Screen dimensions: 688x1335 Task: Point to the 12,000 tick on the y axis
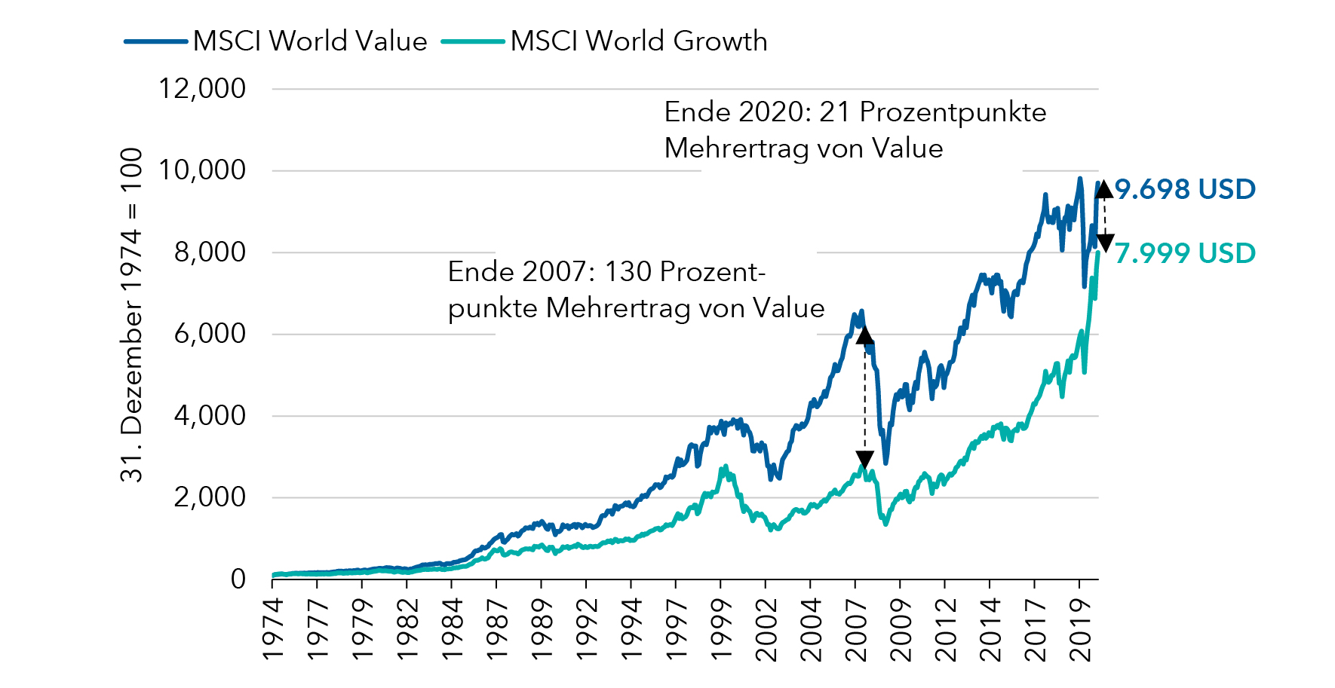tap(202, 89)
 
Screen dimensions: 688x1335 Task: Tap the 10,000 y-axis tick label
tap(202, 170)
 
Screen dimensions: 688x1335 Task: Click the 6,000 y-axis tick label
tap(210, 334)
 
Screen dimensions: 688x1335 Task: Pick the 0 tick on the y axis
tap(238, 579)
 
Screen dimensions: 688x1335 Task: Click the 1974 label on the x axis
tap(273, 629)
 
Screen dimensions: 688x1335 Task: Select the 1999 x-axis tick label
tap(721, 629)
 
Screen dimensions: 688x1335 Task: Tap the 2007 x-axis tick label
tap(856, 629)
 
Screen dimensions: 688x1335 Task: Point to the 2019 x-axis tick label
tap(1081, 629)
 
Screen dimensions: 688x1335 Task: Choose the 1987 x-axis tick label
tap(497, 629)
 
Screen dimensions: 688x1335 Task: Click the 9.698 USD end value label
tap(1185, 189)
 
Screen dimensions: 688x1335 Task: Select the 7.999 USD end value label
tap(1185, 253)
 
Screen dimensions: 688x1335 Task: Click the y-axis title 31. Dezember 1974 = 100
tap(131, 314)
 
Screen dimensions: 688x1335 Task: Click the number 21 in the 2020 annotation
tap(835, 112)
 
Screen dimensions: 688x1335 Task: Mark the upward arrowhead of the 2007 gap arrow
tap(864, 334)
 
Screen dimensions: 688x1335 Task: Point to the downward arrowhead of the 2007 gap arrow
tap(864, 460)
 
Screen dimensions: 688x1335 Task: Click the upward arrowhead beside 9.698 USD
tap(1104, 188)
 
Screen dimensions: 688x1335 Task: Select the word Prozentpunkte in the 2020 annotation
tap(953, 112)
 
